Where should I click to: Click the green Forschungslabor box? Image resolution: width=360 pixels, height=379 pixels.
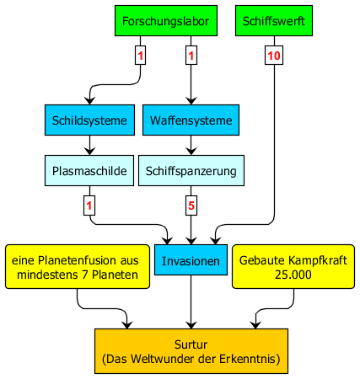[166, 20]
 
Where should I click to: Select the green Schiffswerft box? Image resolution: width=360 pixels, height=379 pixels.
[274, 20]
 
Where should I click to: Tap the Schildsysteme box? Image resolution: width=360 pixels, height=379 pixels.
[89, 120]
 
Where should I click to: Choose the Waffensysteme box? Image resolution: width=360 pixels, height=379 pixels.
[191, 120]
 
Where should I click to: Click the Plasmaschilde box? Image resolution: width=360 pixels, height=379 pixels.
[89, 171]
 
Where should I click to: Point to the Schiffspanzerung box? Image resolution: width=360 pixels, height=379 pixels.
[191, 171]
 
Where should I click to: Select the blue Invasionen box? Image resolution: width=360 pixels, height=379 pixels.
[191, 260]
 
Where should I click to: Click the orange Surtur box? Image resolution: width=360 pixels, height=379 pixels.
[191, 351]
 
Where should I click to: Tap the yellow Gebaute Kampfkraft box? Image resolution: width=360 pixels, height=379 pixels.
[293, 267]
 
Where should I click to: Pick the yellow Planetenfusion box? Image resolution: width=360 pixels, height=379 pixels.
[78, 267]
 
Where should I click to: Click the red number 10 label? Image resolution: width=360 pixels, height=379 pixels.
[274, 56]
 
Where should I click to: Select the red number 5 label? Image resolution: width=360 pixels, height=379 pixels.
[191, 206]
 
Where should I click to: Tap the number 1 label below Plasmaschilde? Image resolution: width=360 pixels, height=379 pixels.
[89, 206]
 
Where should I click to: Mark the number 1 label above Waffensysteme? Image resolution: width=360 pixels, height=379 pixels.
[191, 56]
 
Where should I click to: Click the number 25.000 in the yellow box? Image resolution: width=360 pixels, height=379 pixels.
[293, 275]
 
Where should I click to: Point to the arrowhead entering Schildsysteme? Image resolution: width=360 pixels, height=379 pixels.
[89, 101]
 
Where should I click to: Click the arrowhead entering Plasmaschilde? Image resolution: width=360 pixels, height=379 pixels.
[89, 152]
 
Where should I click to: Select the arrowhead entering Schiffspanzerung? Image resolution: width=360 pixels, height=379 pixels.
[191, 152]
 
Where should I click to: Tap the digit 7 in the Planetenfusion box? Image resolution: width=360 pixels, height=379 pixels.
[85, 275]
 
